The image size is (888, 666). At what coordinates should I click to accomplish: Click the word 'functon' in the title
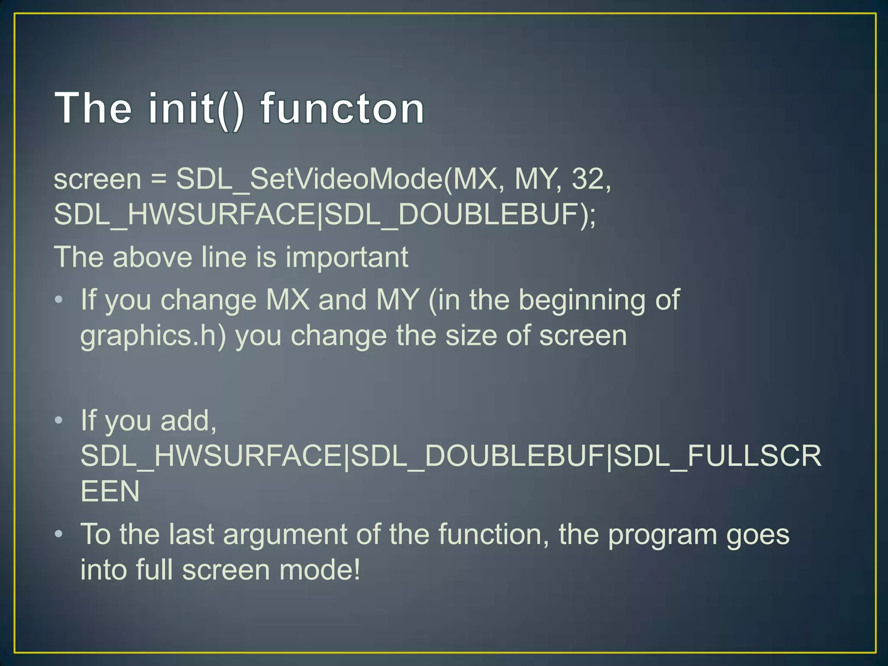(x=343, y=108)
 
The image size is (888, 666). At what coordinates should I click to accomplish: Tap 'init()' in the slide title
(x=196, y=108)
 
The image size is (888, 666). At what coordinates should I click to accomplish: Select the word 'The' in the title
(x=93, y=108)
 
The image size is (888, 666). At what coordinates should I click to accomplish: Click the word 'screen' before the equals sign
(x=98, y=179)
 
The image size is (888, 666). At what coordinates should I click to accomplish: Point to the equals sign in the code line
(x=159, y=179)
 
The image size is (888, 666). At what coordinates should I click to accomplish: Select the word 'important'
(x=346, y=258)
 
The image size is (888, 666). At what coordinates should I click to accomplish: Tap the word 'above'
(x=152, y=257)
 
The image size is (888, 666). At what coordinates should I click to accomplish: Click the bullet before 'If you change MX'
(x=59, y=300)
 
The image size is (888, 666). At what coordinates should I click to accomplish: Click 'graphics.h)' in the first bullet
(x=153, y=336)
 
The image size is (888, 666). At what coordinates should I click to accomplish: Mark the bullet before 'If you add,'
(x=59, y=420)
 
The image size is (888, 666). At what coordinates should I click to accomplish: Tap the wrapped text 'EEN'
(x=110, y=491)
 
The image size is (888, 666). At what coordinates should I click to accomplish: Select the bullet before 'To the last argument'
(x=59, y=534)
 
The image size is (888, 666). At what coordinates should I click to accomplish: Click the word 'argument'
(x=285, y=535)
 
